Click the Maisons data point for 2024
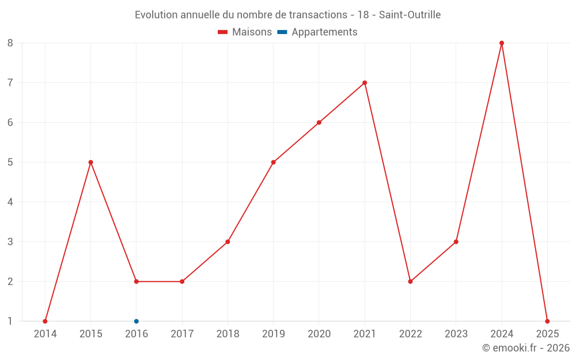click(502, 43)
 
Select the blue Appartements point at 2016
click(137, 321)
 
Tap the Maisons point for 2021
click(365, 83)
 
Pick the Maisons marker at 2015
click(90, 162)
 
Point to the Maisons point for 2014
click(45, 321)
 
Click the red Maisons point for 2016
click(137, 282)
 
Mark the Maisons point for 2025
click(547, 321)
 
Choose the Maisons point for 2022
click(410, 282)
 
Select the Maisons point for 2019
click(273, 162)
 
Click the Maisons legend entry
click(245, 32)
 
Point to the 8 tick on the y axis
click(10, 43)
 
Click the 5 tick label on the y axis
click(10, 162)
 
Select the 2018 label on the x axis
click(228, 334)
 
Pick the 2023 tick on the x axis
click(456, 334)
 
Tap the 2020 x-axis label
click(319, 334)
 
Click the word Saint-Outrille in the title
click(410, 15)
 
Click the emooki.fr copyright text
click(525, 348)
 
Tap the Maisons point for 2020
click(319, 123)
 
